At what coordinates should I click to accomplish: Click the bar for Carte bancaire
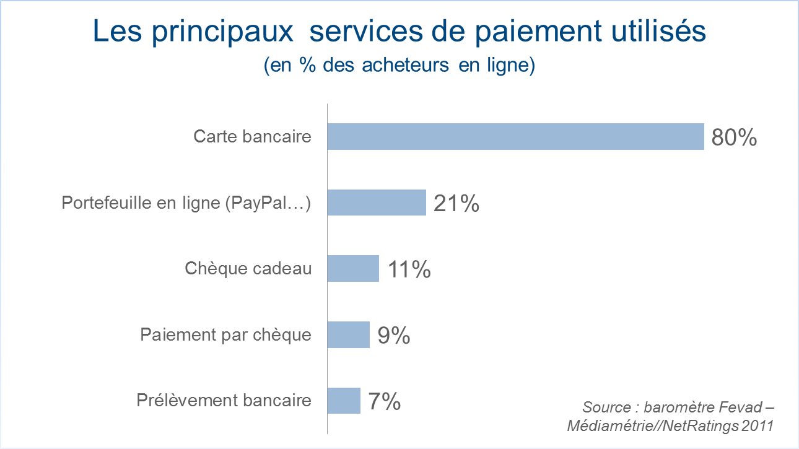[515, 136]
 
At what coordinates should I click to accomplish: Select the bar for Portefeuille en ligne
[377, 203]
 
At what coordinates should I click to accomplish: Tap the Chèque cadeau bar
[353, 269]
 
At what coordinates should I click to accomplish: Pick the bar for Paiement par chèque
[348, 335]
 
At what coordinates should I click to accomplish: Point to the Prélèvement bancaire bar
[344, 401]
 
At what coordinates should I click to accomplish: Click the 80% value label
[734, 137]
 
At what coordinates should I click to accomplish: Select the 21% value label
[456, 203]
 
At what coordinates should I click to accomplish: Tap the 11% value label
[409, 269]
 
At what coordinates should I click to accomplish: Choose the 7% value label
[385, 402]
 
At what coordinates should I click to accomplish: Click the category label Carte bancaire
[252, 136]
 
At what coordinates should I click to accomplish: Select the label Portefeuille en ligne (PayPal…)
[186, 203]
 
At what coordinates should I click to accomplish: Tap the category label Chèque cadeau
[248, 269]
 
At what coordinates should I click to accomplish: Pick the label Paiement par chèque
[226, 335]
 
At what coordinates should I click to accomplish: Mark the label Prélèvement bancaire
[224, 401]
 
